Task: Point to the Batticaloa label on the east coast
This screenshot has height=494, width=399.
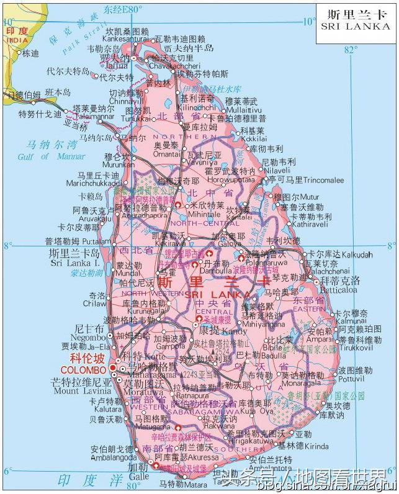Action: click(x=340, y=289)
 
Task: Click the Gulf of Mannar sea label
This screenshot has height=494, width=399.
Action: click(x=44, y=157)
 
